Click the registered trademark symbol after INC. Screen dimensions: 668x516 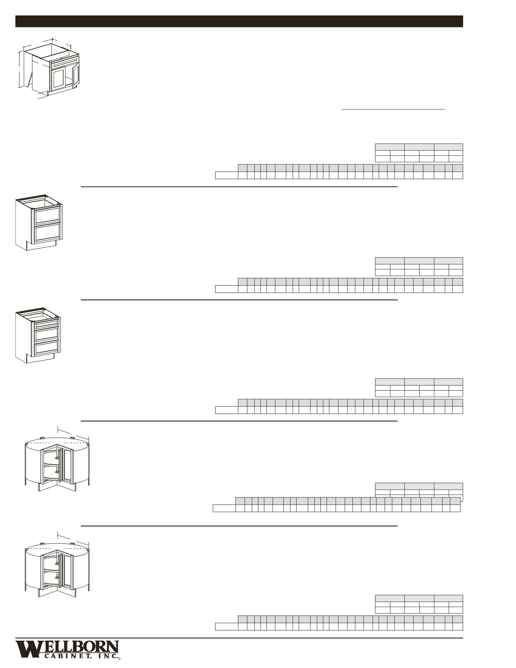pos(120,659)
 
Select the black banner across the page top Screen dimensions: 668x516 pos(239,21)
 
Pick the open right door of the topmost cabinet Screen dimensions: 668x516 pos(76,75)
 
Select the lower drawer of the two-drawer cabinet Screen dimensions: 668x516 pos(48,233)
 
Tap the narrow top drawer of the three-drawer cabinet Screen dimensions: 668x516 pos(47,323)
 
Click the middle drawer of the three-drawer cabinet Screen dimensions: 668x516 pos(47,334)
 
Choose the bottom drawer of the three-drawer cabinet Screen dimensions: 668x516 pos(47,348)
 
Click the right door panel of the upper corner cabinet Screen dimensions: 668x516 pos(67,465)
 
